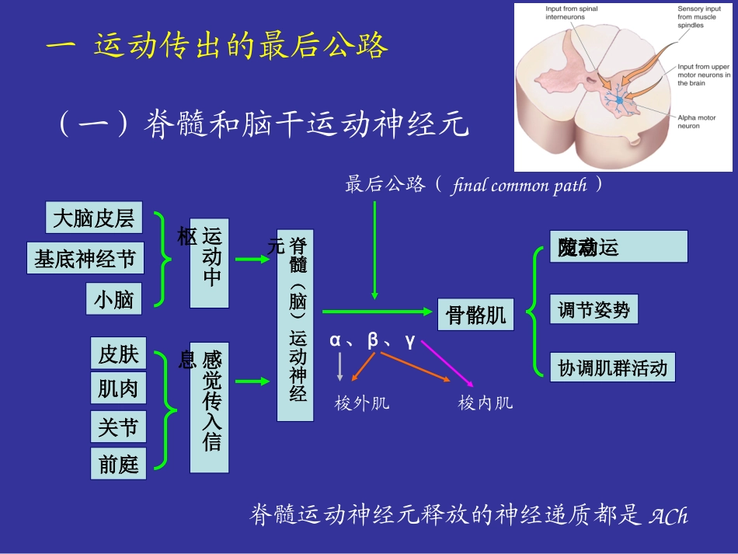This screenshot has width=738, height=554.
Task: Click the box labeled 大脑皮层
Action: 94,218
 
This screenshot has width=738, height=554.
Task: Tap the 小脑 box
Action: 114,299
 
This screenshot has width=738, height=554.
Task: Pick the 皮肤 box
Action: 118,354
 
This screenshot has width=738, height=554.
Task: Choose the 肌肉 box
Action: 118,388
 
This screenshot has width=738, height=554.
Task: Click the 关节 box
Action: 118,427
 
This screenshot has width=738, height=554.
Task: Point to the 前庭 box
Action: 118,464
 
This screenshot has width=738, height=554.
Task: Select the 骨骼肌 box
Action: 475,315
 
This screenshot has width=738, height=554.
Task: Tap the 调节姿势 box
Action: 594,310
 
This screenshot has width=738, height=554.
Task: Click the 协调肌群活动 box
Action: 612,368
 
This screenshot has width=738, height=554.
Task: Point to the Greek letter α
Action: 336,340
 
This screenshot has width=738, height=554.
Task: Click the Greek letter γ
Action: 410,340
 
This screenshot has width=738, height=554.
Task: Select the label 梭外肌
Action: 362,403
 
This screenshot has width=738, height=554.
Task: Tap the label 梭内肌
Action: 486,403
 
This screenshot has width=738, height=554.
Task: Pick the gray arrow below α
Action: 339,366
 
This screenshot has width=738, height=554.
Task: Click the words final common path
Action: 518,186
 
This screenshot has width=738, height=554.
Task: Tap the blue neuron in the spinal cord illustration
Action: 619,99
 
